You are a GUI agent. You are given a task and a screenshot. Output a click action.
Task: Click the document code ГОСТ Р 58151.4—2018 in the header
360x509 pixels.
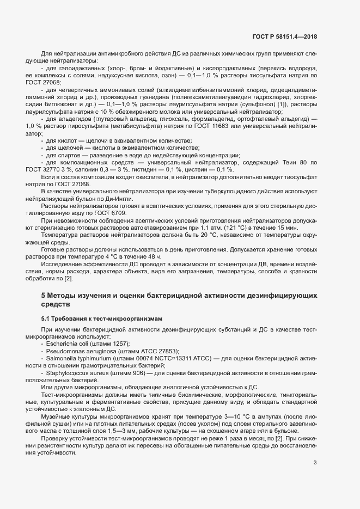pos(284,37)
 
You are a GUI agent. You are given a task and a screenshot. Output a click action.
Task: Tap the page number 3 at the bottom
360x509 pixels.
pos(315,463)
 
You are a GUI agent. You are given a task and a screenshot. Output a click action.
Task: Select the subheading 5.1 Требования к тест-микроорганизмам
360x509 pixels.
pos(101,317)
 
